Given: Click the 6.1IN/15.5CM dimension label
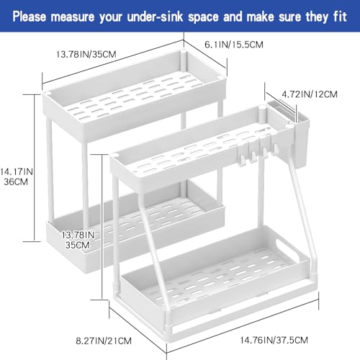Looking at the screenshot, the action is (x=234, y=45).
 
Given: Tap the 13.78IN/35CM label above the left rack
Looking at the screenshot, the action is (x=86, y=54).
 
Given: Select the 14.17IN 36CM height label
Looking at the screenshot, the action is (x=17, y=176).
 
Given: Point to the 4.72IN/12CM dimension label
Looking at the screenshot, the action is (x=310, y=94).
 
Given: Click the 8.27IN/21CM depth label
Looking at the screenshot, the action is (x=104, y=341).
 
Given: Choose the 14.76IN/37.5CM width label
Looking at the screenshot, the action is (x=274, y=340).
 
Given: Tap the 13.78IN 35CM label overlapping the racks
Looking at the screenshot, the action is (x=78, y=240).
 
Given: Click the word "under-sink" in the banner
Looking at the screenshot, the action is (x=155, y=17).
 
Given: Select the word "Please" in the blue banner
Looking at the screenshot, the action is (x=30, y=17).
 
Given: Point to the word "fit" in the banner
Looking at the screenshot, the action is (x=340, y=17).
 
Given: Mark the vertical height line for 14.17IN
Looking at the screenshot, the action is (x=34, y=168).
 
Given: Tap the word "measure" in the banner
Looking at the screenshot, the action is (x=73, y=17).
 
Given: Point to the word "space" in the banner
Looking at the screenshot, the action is (x=203, y=17).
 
